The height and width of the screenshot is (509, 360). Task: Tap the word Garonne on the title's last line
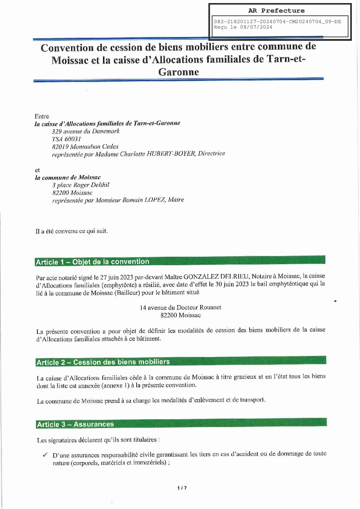178,72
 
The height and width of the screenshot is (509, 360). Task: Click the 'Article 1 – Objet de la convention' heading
92,262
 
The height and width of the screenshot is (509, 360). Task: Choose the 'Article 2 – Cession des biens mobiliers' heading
103,362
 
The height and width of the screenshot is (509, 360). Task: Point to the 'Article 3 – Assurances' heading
75,424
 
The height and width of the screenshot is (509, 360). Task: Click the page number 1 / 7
182,488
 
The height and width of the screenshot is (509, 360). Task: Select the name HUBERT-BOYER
173,154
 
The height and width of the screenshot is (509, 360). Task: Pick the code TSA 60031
66,139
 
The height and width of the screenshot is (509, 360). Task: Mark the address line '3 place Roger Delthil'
81,185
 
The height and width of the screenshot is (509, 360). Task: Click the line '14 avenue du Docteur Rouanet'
181,307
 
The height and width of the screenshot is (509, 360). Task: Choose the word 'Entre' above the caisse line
42,116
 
